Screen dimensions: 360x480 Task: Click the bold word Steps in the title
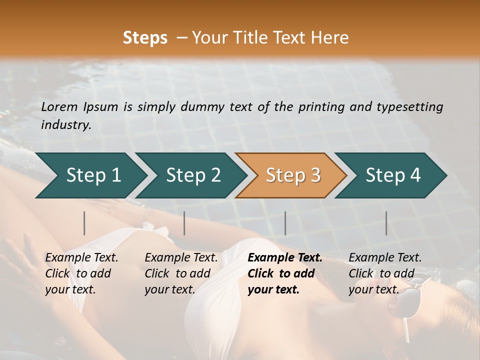point(145,38)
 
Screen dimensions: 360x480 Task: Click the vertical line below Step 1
point(84,223)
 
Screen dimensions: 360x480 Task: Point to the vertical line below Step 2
point(184,223)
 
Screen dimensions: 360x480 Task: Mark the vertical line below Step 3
point(285,223)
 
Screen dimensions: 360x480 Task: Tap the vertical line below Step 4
point(386,223)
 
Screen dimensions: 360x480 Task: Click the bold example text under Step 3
point(285,273)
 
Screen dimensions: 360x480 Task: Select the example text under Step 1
point(81,273)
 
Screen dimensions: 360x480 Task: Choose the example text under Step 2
point(181,273)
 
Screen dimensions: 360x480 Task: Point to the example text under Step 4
point(385,273)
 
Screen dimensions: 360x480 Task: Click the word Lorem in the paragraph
point(59,107)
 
